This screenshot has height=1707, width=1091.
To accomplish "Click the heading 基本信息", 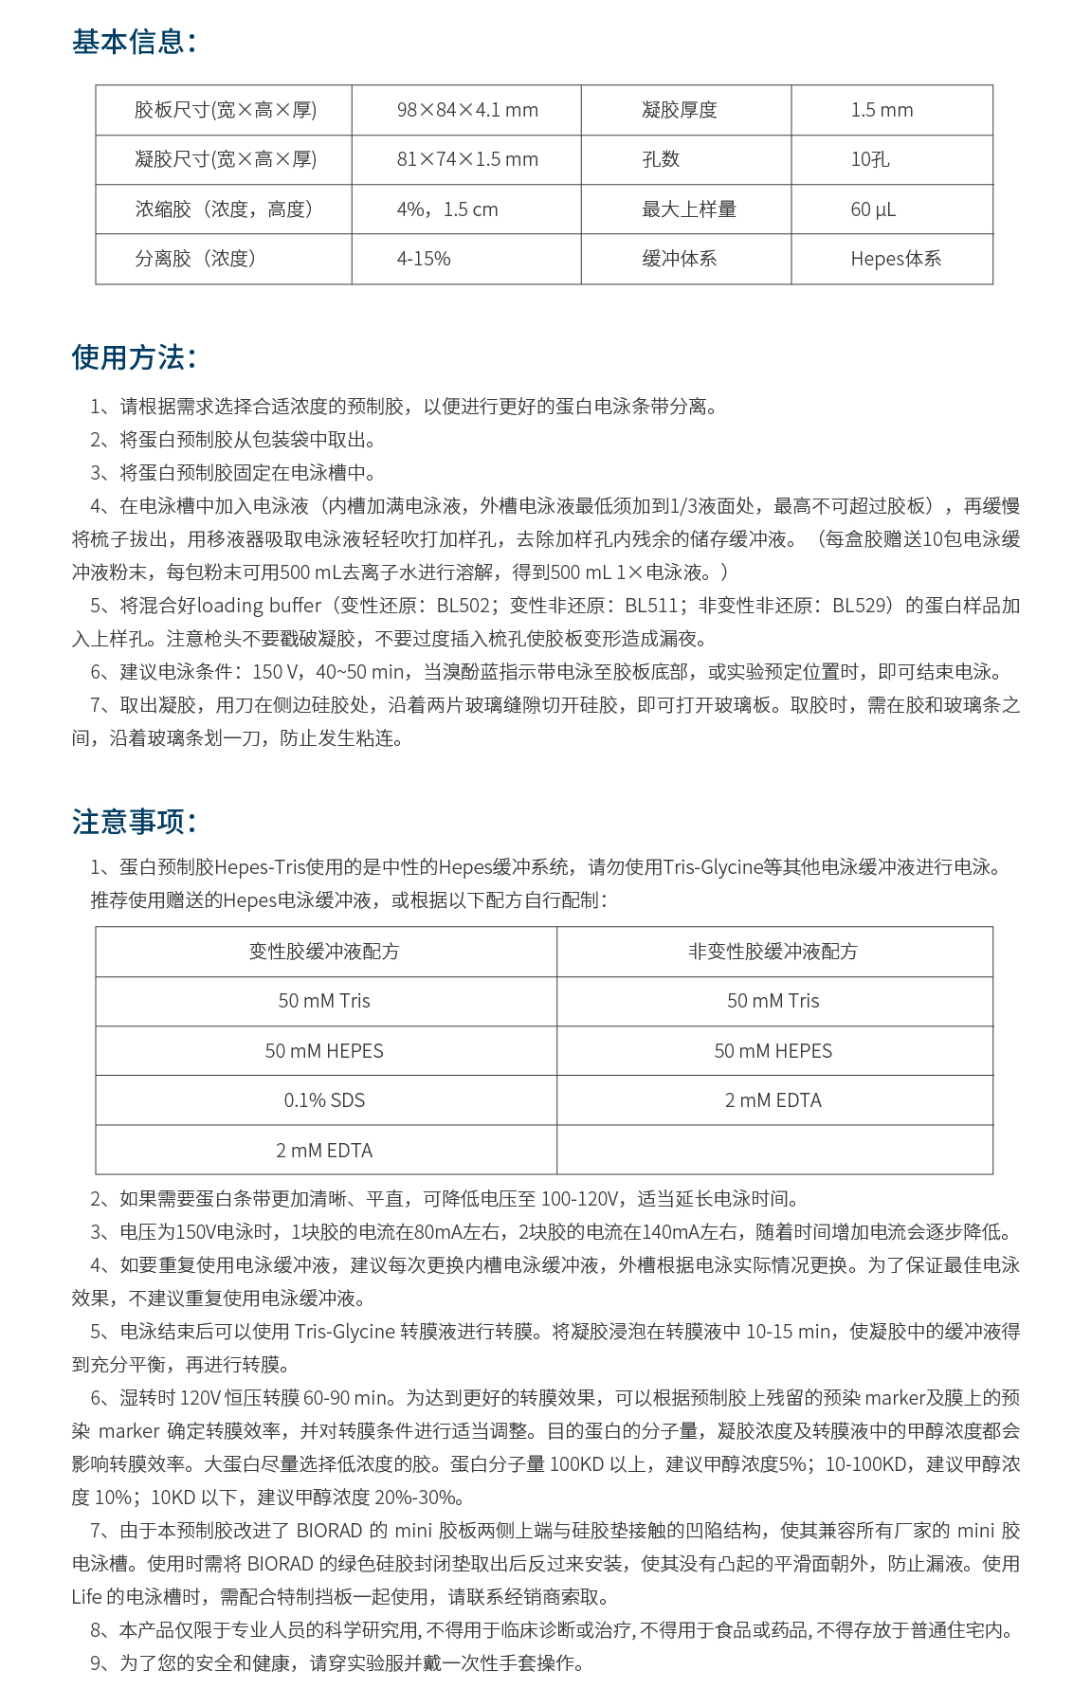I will coord(134,42).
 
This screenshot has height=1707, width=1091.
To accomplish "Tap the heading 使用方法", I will coord(134,357).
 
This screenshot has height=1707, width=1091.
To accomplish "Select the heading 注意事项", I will coord(134,821).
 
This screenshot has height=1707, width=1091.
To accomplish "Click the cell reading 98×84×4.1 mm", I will coord(467,110).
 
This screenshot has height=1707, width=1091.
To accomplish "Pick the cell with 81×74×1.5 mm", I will coord(467,159).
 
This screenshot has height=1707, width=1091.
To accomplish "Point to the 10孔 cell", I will coord(870,159).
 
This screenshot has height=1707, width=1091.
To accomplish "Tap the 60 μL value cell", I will coord(873,209).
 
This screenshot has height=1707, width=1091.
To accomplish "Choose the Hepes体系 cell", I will coord(896,259).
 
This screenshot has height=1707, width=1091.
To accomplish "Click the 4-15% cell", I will coord(424,259).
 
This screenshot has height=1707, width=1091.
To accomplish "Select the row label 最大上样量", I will coord(689,209).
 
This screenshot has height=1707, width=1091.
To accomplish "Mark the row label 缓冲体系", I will coord(680,259).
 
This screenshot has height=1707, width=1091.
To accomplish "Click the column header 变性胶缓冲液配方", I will coord(324,952).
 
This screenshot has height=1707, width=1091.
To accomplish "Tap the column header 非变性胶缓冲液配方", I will coord(773,952).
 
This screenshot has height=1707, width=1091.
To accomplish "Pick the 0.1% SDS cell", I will coord(324,1100).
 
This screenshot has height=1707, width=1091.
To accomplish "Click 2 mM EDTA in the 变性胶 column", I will coord(324,1151).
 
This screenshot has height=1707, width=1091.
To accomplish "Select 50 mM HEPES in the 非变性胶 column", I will coord(773,1051).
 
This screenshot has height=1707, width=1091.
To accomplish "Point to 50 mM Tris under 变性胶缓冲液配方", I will coord(324,1001).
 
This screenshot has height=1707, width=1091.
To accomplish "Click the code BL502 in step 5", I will coord(464,606).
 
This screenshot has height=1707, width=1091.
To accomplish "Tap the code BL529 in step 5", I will coord(860,606).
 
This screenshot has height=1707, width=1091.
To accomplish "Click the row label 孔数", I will coord(661,159).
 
